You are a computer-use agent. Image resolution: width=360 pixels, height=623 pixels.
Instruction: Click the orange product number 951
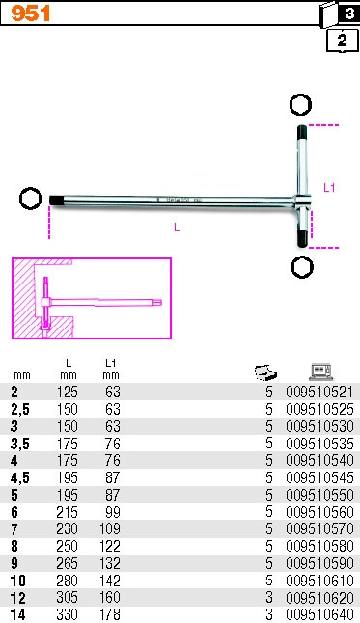31,14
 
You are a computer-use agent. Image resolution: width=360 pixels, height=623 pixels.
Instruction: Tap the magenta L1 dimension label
329,187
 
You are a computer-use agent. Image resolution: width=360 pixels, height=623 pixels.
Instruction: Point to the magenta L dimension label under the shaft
177,227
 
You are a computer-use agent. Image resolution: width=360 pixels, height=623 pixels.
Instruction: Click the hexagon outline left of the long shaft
30,199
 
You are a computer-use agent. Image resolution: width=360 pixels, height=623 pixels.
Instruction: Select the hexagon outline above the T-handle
300,105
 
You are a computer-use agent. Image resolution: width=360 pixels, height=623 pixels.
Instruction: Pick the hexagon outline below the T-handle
302,267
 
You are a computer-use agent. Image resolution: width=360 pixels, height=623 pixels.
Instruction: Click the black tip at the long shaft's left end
56,201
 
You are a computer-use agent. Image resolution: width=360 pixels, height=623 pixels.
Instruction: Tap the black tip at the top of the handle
302,132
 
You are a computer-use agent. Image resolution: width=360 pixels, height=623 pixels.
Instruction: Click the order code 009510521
319,393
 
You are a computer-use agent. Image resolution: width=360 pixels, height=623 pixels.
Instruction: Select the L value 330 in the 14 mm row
67,614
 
